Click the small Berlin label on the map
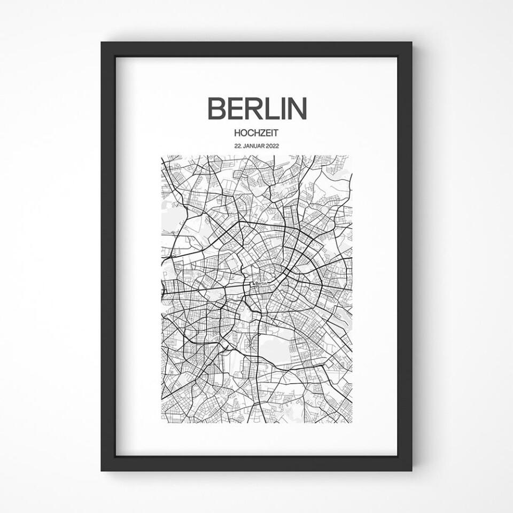click(261, 284)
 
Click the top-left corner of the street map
click(161, 156)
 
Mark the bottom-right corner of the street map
click(352, 423)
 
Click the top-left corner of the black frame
click(102, 43)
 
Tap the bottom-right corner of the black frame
click(411, 470)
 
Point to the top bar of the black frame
click(256, 49)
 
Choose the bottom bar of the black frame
click(256, 463)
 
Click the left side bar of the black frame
click(108, 256)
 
